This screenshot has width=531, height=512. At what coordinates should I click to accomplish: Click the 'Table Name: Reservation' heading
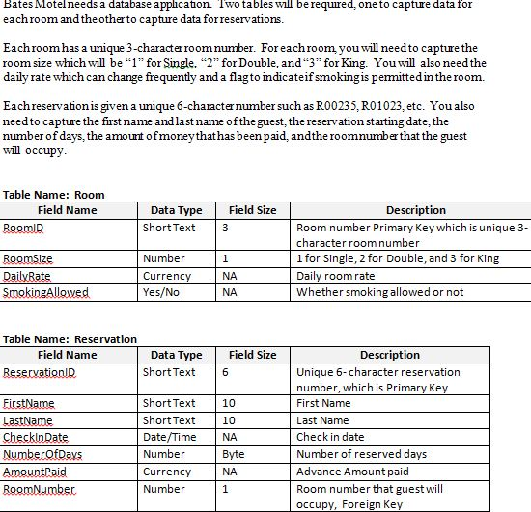[x=69, y=339]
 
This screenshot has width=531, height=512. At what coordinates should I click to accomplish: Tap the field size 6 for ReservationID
[x=225, y=373]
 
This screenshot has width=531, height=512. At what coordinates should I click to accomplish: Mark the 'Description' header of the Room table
[x=415, y=210]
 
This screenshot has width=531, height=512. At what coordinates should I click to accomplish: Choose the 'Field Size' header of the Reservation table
[x=252, y=355]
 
